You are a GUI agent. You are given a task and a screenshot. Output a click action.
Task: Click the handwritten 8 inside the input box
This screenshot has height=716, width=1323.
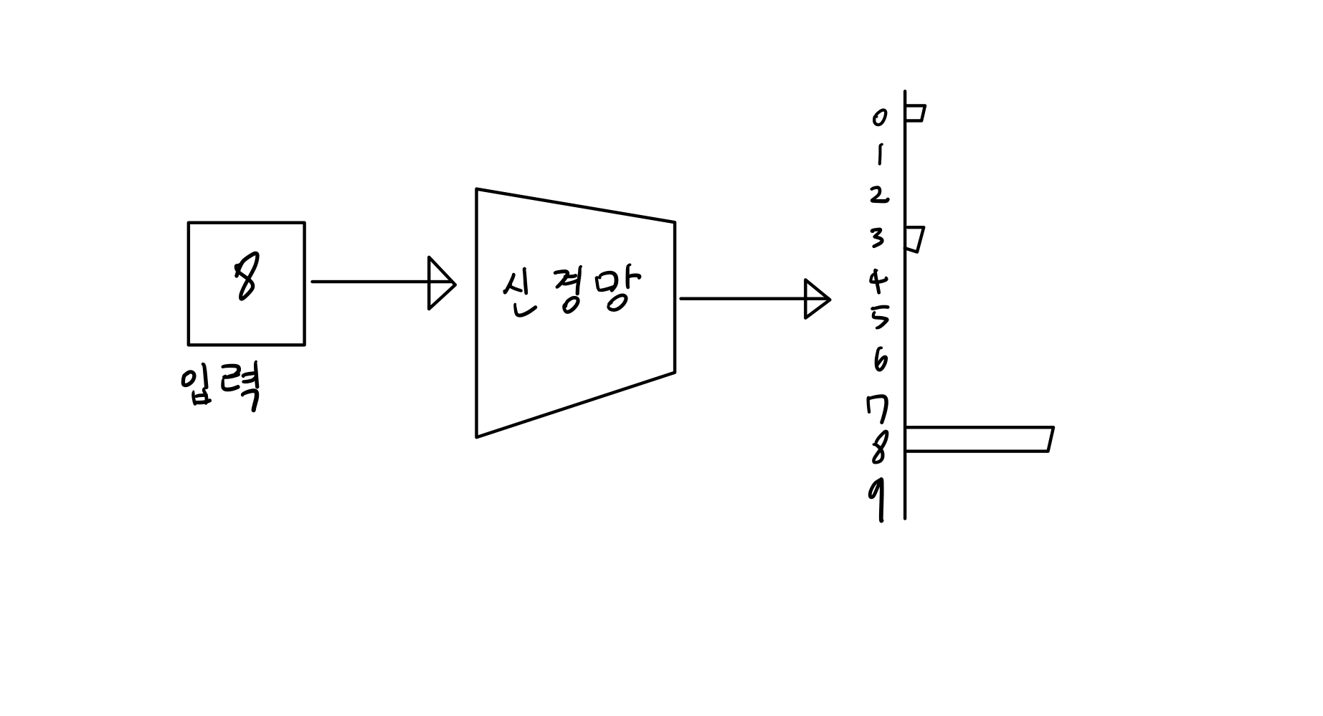[245, 280]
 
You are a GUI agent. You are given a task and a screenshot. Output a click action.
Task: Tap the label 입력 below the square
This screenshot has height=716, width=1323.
[220, 388]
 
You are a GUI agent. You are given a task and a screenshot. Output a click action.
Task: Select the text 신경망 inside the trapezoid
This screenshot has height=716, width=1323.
[572, 292]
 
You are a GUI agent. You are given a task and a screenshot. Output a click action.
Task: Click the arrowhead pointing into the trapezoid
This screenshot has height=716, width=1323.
[440, 283]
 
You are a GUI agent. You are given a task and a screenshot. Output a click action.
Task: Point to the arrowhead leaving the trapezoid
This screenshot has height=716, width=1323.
[816, 299]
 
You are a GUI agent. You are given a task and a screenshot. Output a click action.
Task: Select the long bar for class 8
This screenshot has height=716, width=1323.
[978, 439]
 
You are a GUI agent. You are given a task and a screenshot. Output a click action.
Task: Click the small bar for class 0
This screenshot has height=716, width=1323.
[915, 113]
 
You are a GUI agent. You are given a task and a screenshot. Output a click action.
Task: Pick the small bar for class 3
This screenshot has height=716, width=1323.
[914, 239]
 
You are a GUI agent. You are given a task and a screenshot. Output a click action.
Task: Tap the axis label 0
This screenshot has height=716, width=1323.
[879, 117]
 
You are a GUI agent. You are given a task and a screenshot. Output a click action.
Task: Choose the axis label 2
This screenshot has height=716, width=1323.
[879, 195]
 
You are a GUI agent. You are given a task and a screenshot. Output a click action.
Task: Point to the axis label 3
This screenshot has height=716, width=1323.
[878, 237]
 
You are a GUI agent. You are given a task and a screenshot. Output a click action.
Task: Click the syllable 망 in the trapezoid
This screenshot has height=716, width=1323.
[613, 290]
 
